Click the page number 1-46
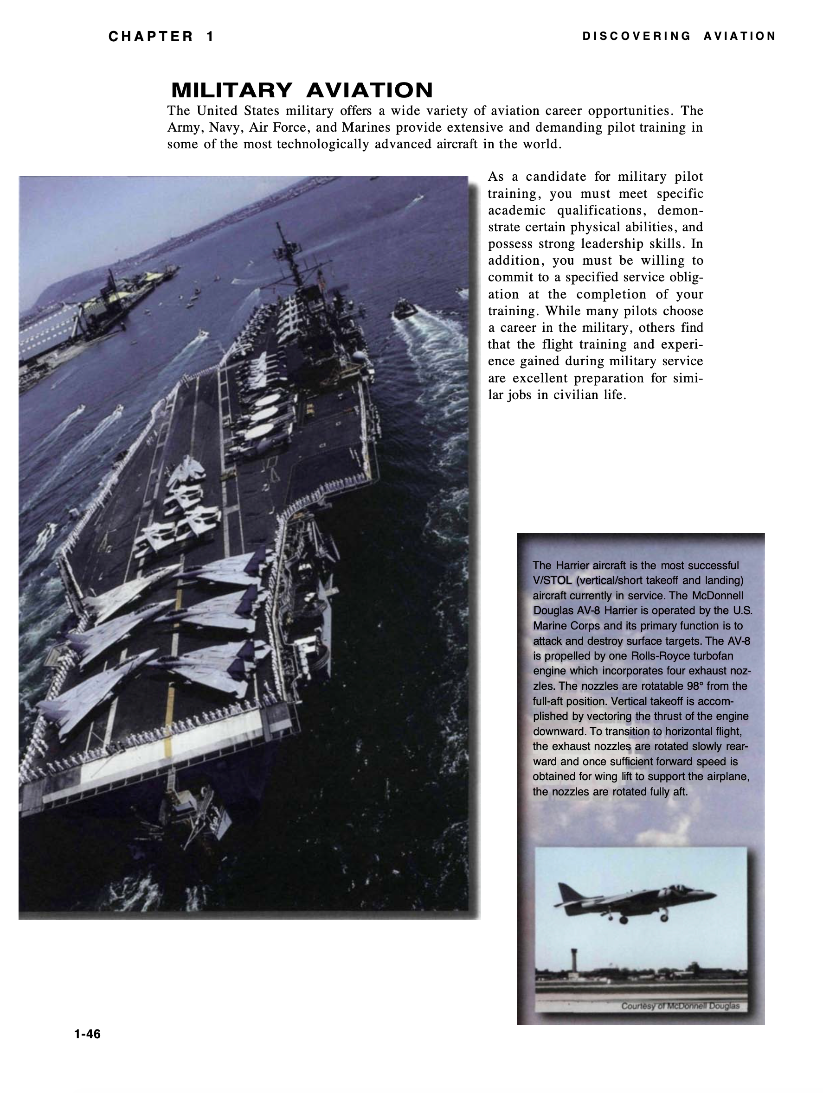point(87,1034)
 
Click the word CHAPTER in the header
point(151,37)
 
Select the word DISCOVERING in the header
point(637,36)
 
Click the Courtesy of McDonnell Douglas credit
point(680,1006)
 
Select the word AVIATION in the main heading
point(369,90)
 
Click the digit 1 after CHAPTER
point(210,37)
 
